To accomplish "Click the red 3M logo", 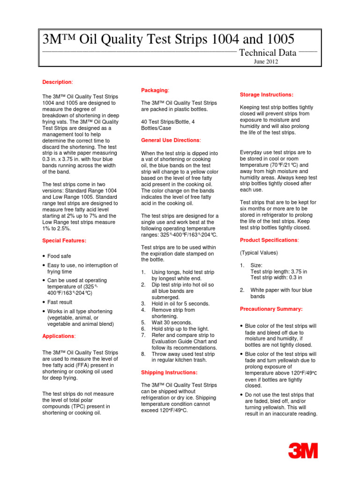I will pyautogui.click(x=303, y=451).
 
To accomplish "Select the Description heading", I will pyautogui.click(x=57, y=82).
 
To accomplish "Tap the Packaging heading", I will pyautogui.click(x=155, y=90).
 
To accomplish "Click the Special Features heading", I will pyautogui.click(x=64, y=240).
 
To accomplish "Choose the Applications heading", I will pyautogui.click(x=59, y=336).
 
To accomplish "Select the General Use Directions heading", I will pyautogui.click(x=171, y=140).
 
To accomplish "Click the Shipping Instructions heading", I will pyautogui.click(x=169, y=372).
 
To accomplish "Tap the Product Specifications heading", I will pyautogui.click(x=269, y=240).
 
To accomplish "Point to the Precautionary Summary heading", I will pyautogui.click(x=271, y=309).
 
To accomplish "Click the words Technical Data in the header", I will pyautogui.click(x=268, y=53).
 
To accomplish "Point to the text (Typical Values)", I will pyautogui.click(x=259, y=253).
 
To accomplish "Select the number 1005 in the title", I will pyautogui.click(x=278, y=38).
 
